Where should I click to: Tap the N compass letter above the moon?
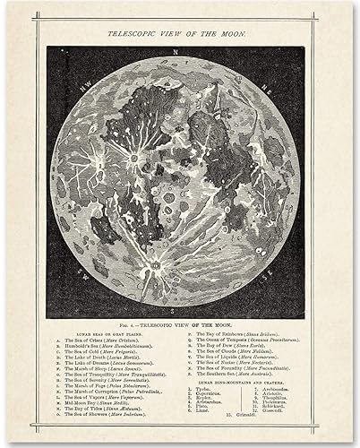click(x=178, y=49)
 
